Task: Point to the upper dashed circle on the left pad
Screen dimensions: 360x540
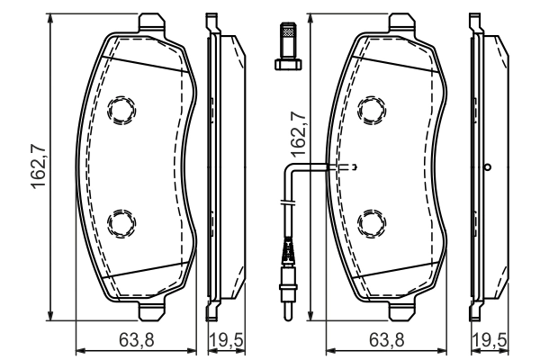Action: click(x=119, y=110)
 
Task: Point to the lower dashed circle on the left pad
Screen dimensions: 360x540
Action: click(x=119, y=220)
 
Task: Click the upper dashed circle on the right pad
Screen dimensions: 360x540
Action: click(x=370, y=110)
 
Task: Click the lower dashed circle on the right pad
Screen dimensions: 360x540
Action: click(x=370, y=220)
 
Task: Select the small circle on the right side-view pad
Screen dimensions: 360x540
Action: click(x=487, y=166)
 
